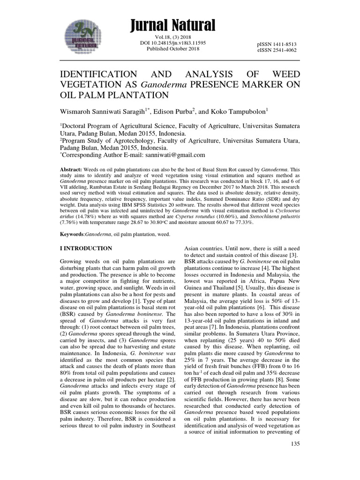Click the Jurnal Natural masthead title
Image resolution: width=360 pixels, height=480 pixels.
pyautogui.click(x=173, y=24)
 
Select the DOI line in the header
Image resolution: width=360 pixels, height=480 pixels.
pyautogui.click(x=173, y=43)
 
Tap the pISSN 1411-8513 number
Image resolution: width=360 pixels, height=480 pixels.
pyautogui.click(x=277, y=44)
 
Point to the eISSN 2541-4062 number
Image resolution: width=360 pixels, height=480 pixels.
pyautogui.click(x=277, y=50)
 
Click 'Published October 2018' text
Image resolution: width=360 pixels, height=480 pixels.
pyautogui.click(x=173, y=49)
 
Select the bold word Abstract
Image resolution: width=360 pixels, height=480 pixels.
pyautogui.click(x=72, y=169)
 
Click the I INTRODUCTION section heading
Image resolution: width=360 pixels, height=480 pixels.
pyautogui.click(x=86, y=248)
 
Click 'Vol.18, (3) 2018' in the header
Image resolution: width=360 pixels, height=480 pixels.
pyautogui.click(x=173, y=37)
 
